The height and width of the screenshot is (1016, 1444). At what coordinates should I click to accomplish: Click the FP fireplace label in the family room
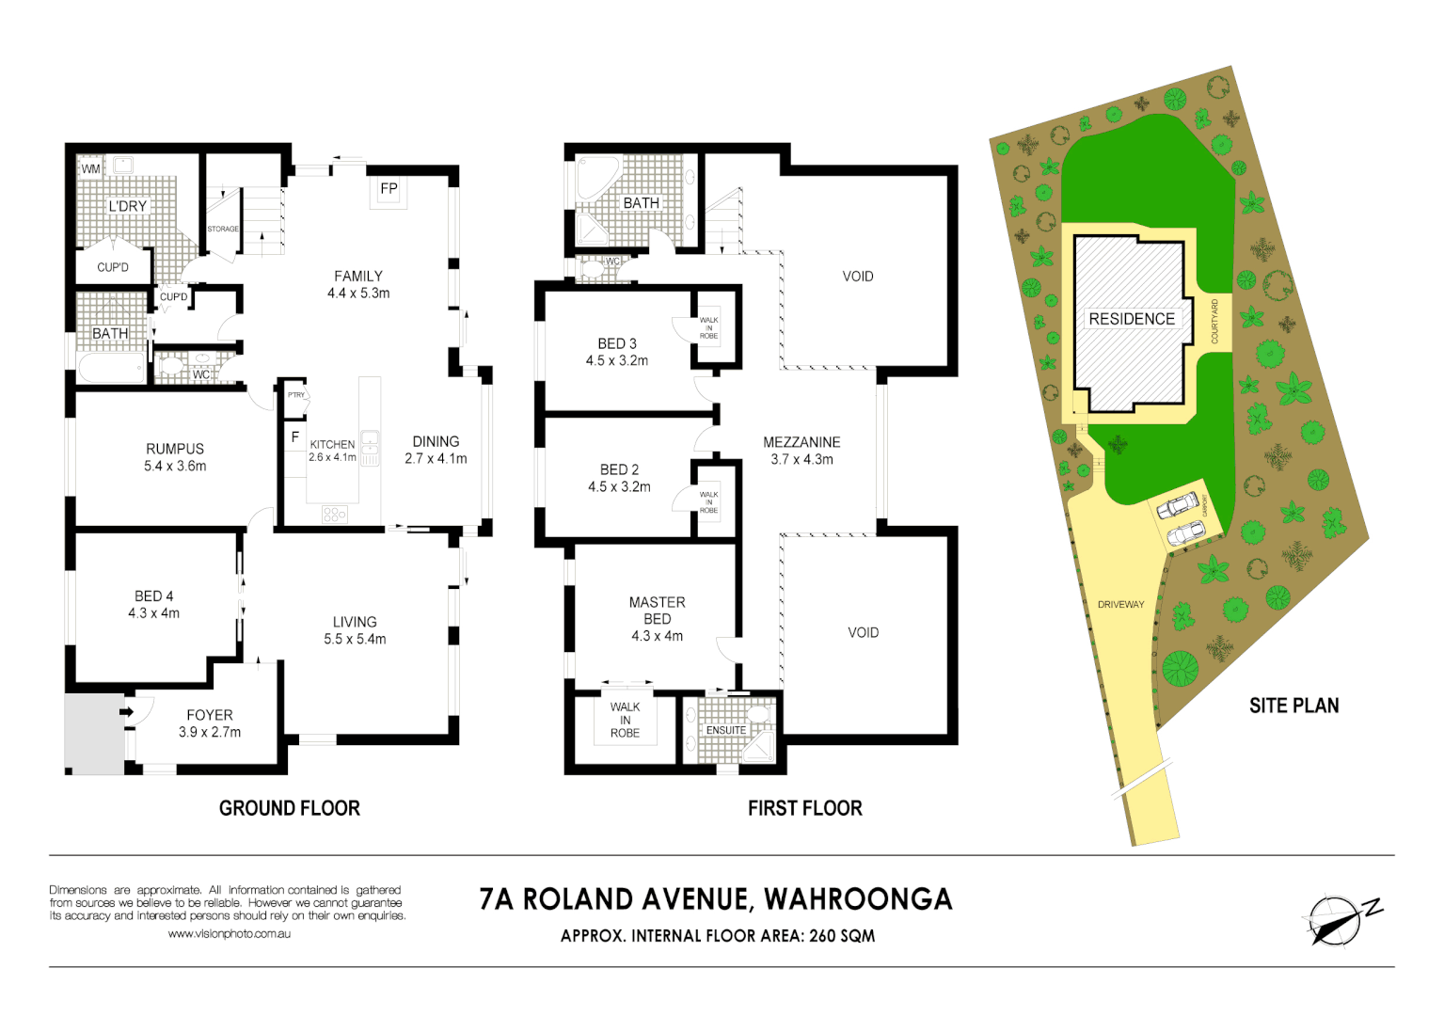(x=389, y=189)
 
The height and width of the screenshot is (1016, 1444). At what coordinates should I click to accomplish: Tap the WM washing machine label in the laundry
(x=90, y=169)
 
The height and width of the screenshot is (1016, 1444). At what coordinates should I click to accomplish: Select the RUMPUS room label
(x=175, y=449)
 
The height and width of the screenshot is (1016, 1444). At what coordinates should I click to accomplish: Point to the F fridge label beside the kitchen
(x=294, y=437)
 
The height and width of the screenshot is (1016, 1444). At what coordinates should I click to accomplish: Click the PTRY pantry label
(x=296, y=395)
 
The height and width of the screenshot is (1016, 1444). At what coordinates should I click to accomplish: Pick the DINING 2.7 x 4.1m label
(x=436, y=450)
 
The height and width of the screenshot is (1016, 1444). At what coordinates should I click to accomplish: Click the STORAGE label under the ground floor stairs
(x=223, y=229)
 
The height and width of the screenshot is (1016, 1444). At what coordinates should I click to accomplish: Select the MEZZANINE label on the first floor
(x=801, y=442)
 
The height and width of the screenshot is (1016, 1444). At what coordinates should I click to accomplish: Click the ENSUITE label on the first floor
(x=725, y=730)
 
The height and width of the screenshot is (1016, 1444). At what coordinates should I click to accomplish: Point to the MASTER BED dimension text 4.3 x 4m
(x=657, y=636)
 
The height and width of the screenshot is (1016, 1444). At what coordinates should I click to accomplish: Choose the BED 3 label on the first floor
(x=617, y=343)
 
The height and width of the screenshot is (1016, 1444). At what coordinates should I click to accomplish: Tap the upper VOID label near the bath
(x=857, y=277)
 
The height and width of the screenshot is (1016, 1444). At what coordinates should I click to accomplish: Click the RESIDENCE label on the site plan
(x=1132, y=319)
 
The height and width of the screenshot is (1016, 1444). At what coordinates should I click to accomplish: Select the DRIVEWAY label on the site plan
(x=1120, y=605)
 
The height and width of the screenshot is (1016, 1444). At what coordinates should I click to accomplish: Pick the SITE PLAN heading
(x=1293, y=706)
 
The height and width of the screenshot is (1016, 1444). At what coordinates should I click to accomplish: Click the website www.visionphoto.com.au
(x=229, y=934)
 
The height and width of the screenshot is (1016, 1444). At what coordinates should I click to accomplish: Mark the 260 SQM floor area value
(x=842, y=936)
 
